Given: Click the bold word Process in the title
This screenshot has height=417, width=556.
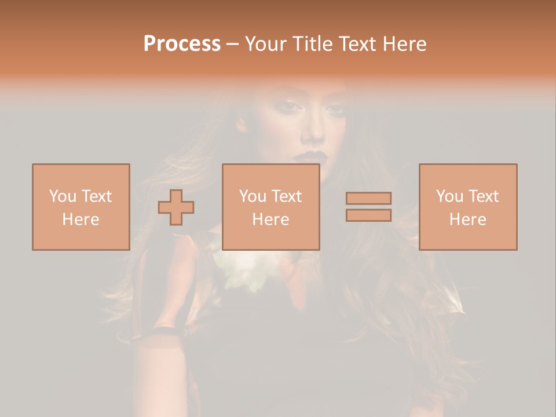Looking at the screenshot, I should click(182, 44).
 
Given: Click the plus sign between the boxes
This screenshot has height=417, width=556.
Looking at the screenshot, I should click(176, 207).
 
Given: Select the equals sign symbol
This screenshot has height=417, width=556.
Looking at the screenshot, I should click(368, 207).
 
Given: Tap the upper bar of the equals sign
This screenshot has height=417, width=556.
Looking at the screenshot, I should click(368, 199).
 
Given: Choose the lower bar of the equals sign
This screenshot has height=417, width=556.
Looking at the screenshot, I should click(368, 215).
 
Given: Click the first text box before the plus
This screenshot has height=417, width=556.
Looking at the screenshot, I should click(81, 207).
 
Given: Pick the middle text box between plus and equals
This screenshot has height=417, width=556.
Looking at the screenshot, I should click(270, 207).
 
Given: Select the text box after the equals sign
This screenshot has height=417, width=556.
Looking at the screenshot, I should click(467, 207).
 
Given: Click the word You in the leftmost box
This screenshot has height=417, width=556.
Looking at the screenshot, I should click(61, 196).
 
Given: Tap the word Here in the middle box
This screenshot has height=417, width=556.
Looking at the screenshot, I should click(270, 220).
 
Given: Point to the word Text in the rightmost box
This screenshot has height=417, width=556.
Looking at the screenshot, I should click(483, 196).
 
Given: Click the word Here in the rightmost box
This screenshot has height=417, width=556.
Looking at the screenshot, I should click(467, 220).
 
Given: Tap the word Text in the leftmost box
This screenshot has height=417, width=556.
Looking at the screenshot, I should click(96, 196).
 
